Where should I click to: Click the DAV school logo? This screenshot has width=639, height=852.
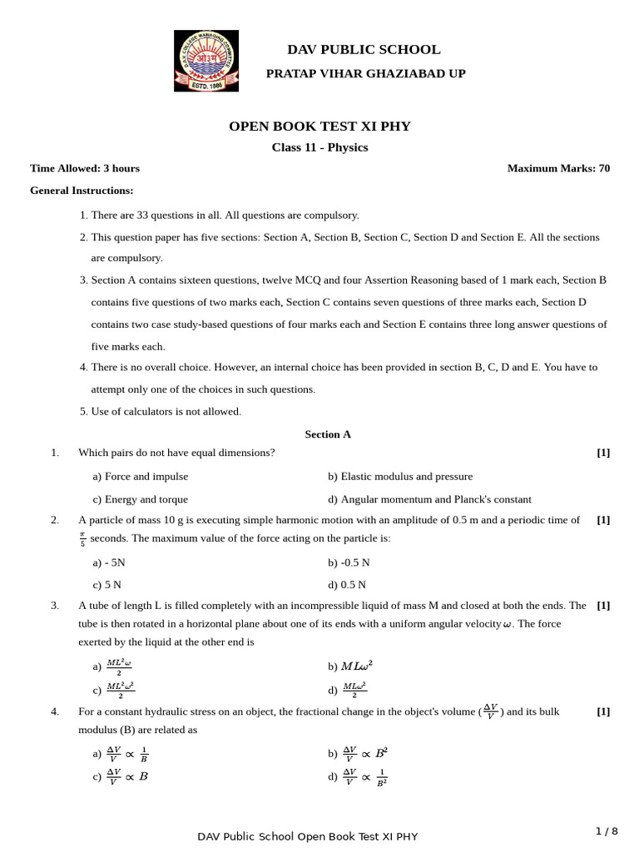[206, 61]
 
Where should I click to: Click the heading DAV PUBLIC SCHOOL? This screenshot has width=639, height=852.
[364, 50]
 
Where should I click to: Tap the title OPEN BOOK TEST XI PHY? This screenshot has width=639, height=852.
[319, 126]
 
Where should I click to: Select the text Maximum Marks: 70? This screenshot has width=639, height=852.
[558, 168]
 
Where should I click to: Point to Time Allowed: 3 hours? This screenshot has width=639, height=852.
[85, 168]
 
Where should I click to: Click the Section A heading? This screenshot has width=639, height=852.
[328, 434]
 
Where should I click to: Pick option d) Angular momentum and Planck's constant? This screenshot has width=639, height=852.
[429, 499]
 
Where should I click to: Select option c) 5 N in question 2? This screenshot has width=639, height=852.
[107, 585]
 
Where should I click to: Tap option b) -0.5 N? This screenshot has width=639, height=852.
[349, 562]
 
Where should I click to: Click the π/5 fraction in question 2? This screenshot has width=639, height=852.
[82, 539]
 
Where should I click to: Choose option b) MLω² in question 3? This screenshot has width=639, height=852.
[350, 666]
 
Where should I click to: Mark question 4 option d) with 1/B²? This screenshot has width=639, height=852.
[357, 776]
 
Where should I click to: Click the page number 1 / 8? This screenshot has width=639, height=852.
[607, 831]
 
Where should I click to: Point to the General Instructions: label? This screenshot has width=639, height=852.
[82, 191]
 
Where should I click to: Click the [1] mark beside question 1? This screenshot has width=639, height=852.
[603, 453]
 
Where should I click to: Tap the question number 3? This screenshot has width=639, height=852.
[55, 606]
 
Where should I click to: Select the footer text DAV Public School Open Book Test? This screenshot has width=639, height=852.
[308, 836]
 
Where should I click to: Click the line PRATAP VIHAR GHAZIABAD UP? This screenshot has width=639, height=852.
[365, 74]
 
